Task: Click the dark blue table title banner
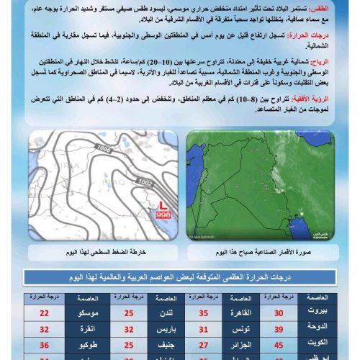180,278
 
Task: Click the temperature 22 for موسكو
45,312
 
